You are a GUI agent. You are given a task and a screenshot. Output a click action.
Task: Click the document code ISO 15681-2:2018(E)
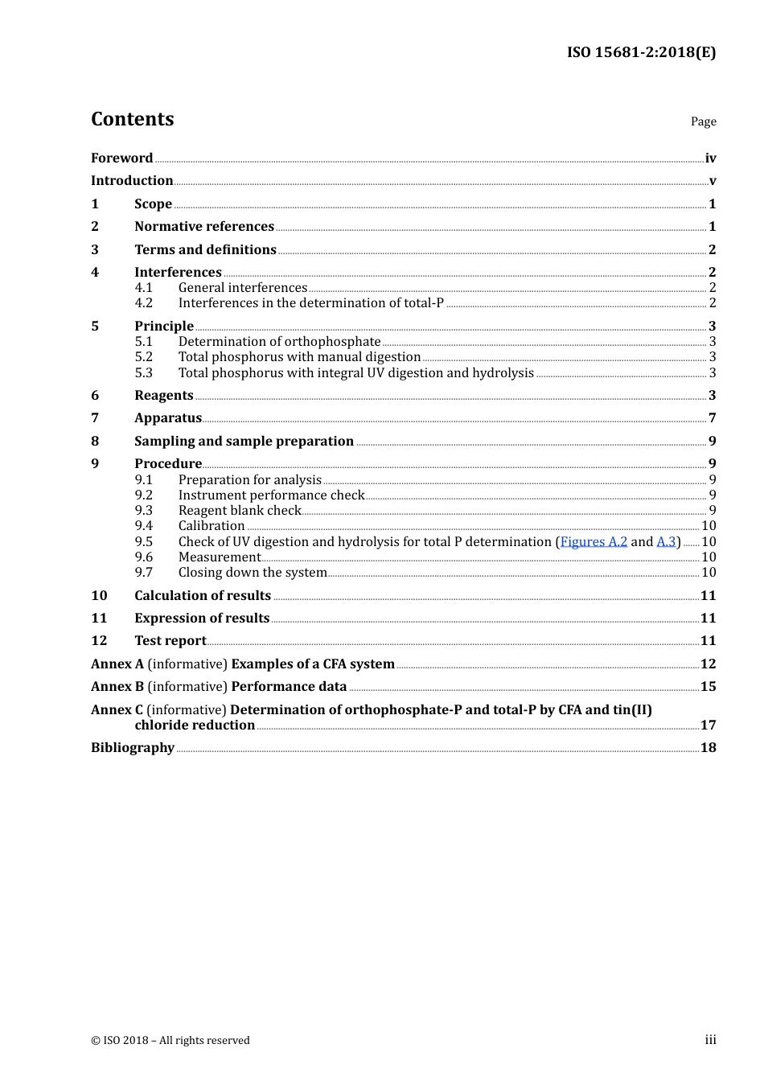click(641, 52)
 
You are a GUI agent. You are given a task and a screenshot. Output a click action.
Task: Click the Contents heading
click(132, 119)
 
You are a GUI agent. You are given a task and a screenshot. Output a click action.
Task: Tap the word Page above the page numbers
click(703, 121)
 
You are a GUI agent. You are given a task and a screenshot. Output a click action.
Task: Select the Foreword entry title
click(121, 158)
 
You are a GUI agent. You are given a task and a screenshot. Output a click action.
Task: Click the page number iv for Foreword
click(710, 158)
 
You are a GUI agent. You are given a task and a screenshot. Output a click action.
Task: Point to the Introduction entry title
click(132, 180)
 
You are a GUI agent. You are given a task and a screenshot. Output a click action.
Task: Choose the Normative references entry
click(204, 226)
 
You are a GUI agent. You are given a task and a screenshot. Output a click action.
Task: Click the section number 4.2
click(143, 302)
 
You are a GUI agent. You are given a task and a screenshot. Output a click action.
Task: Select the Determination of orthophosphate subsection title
click(279, 341)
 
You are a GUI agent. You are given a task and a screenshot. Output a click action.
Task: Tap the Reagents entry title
click(164, 395)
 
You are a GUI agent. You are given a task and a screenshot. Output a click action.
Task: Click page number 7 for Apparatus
click(712, 417)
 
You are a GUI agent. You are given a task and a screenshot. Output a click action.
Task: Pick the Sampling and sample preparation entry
click(244, 441)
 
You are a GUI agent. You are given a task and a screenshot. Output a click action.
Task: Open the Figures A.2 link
click(594, 541)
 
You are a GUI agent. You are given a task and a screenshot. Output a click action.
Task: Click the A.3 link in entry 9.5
click(666, 541)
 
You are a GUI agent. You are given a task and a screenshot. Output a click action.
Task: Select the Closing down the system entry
click(253, 572)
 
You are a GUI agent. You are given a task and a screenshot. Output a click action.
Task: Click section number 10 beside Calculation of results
click(99, 595)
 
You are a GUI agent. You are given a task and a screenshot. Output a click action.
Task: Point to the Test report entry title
click(170, 640)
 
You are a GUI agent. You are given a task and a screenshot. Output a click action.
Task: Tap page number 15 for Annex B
click(708, 686)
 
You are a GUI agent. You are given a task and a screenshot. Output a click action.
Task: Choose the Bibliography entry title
click(133, 747)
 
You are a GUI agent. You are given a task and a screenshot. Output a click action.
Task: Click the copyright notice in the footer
click(170, 1040)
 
